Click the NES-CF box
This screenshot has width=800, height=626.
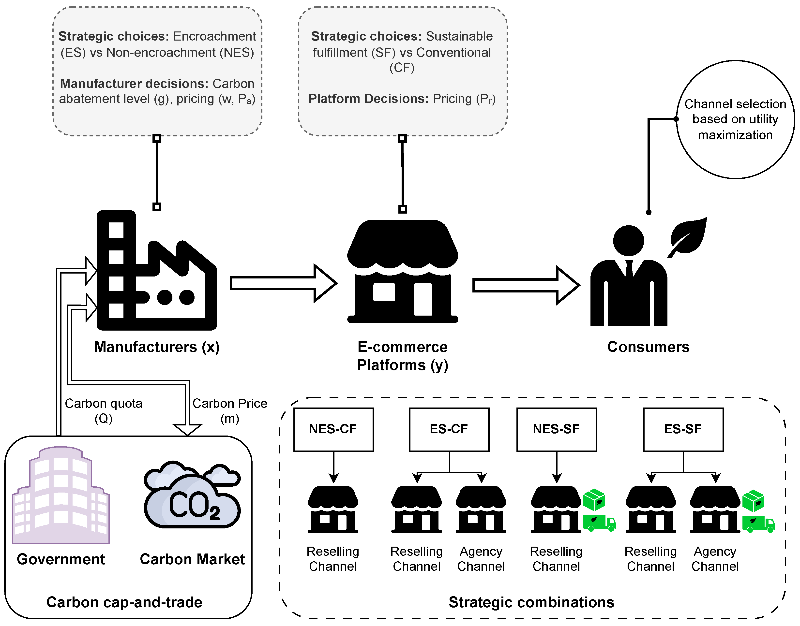pyautogui.click(x=333, y=429)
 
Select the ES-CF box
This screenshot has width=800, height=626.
pyautogui.click(x=449, y=429)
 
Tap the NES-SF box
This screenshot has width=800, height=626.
pyautogui.click(x=557, y=429)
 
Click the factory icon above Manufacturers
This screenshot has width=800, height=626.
pyautogui.click(x=157, y=270)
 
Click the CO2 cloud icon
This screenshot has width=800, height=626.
pyautogui.click(x=192, y=495)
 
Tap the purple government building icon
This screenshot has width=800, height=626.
pyautogui.click(x=61, y=495)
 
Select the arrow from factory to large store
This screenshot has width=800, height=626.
pyautogui.click(x=283, y=283)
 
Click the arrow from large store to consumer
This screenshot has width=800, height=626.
pyautogui.click(x=526, y=285)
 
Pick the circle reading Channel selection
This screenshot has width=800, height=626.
pyautogui.click(x=735, y=119)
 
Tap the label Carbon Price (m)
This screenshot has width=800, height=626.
pyautogui.click(x=230, y=411)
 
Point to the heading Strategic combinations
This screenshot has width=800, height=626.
pyautogui.click(x=531, y=602)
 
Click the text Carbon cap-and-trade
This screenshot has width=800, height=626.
pyautogui.click(x=124, y=602)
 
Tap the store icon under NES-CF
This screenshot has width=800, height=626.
pyautogui.click(x=333, y=510)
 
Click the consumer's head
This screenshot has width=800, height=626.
pyautogui.click(x=628, y=240)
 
